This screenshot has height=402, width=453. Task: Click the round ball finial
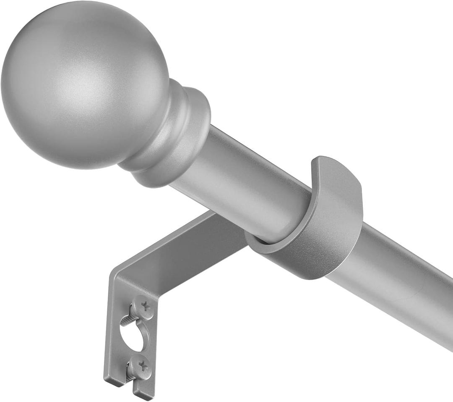[x=84, y=84]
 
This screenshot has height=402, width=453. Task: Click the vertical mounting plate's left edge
[x=108, y=328]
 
